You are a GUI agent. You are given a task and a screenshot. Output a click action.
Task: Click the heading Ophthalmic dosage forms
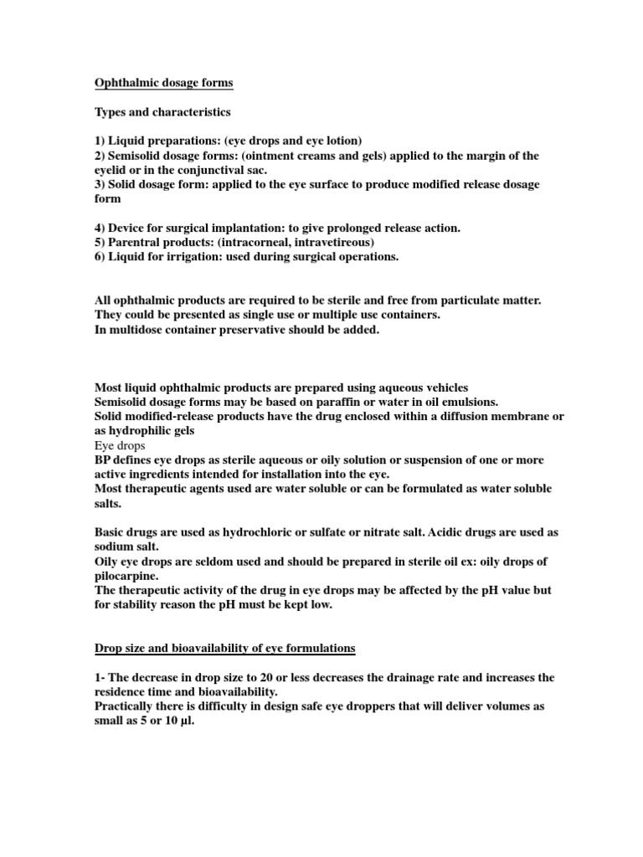tap(162, 83)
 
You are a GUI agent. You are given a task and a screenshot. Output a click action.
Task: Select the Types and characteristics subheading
tap(162, 111)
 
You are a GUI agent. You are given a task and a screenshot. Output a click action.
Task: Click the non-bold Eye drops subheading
tap(119, 446)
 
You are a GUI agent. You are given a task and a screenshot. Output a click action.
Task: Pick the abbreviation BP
tap(102, 460)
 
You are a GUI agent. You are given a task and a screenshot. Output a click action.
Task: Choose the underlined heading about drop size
tap(224, 649)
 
